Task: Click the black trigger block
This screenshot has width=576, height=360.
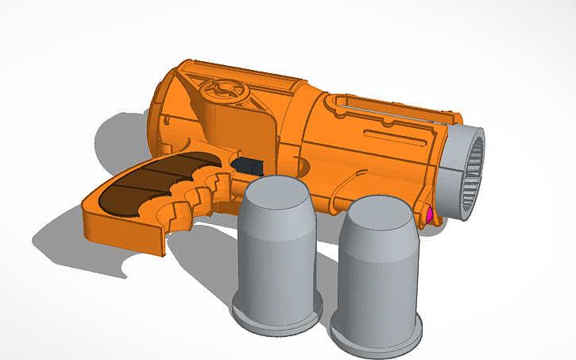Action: [x=248, y=166]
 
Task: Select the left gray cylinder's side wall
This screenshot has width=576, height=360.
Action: [x=274, y=254]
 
